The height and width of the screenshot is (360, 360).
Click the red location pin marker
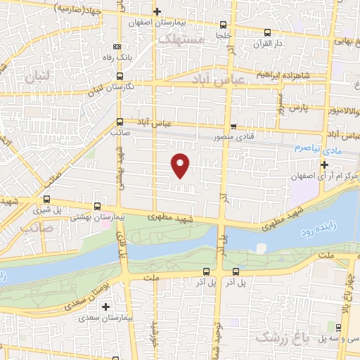[181, 165]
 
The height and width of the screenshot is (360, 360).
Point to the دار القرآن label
[268, 44]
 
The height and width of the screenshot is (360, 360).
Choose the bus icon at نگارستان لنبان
[120, 75]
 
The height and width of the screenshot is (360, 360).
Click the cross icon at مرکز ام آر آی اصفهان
[325, 165]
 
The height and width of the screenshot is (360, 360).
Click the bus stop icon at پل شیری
[48, 199]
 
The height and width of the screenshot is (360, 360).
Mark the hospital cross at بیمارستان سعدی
[106, 307]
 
